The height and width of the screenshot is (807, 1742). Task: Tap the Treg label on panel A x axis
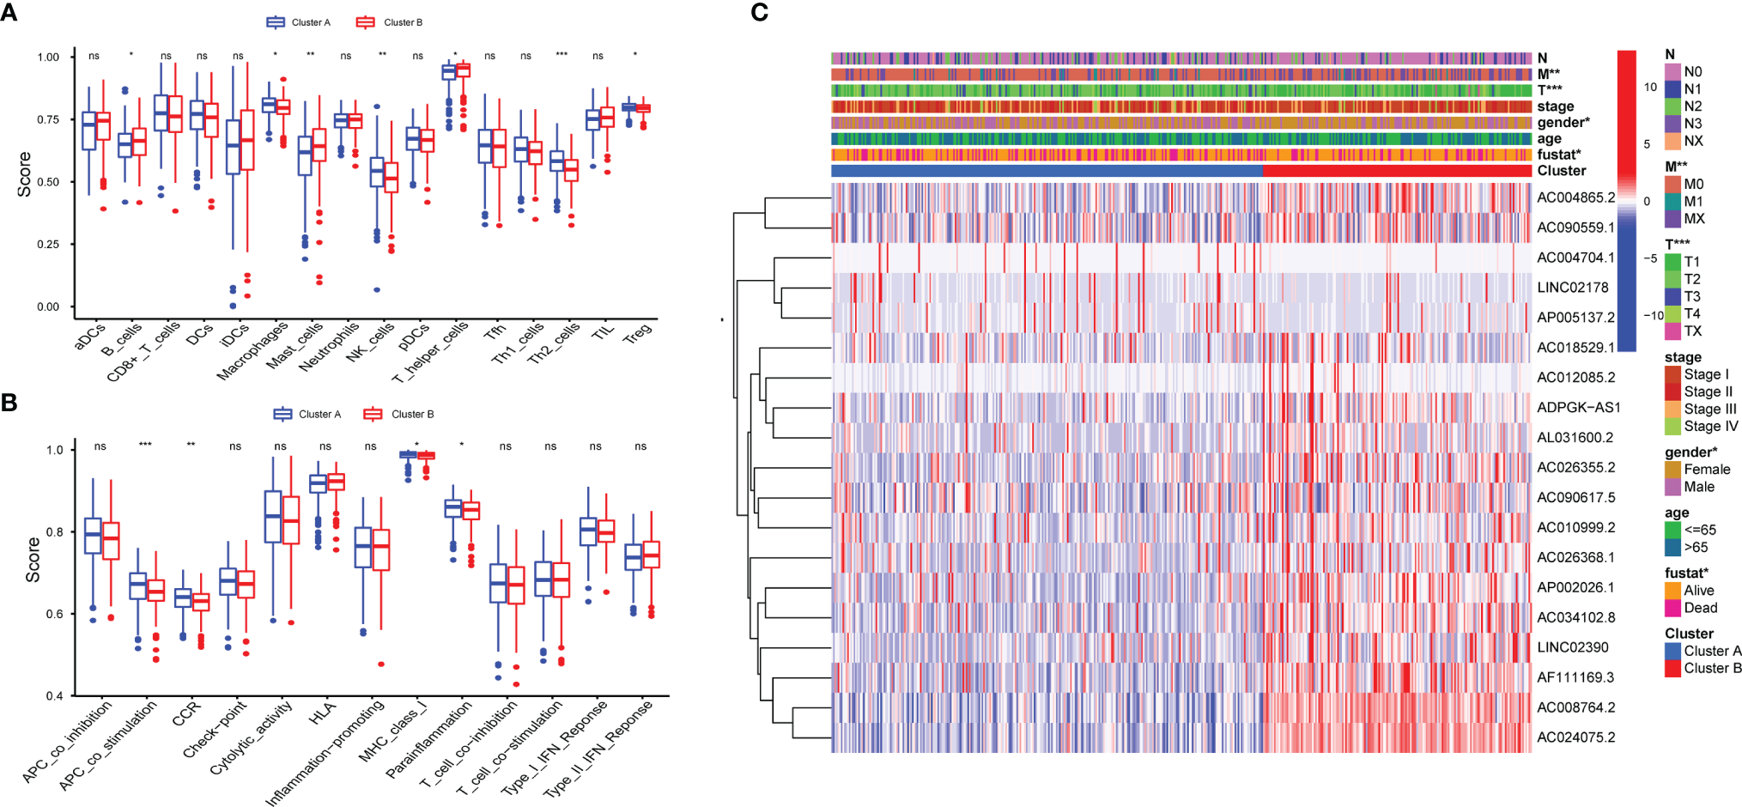pyautogui.click(x=638, y=334)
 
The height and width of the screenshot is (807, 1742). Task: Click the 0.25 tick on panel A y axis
pyautogui.click(x=48, y=245)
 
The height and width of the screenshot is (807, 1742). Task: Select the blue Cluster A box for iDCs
pyautogui.click(x=233, y=147)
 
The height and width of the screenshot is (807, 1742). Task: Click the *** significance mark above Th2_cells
pyautogui.click(x=561, y=56)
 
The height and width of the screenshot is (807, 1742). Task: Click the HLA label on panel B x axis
pyautogui.click(x=323, y=713)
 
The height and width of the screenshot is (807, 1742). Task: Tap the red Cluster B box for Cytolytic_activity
pyautogui.click(x=291, y=519)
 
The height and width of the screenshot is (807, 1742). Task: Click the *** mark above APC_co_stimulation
pyautogui.click(x=145, y=446)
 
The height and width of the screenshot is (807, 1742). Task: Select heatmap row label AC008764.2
pyautogui.click(x=1575, y=707)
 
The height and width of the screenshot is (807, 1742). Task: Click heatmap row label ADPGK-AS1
pyautogui.click(x=1578, y=407)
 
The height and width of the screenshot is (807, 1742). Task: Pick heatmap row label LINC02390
pyautogui.click(x=1572, y=647)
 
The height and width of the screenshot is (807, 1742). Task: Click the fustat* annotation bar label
pyautogui.click(x=1558, y=155)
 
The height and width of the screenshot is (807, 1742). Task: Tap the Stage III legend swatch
pyautogui.click(x=1672, y=409)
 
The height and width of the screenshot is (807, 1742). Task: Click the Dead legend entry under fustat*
pyautogui.click(x=1700, y=608)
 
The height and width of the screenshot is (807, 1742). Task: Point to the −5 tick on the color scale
pyautogui.click(x=1650, y=258)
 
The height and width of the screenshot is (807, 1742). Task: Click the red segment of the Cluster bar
pyautogui.click(x=1397, y=171)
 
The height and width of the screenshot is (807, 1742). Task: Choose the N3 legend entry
pyautogui.click(x=1692, y=124)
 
